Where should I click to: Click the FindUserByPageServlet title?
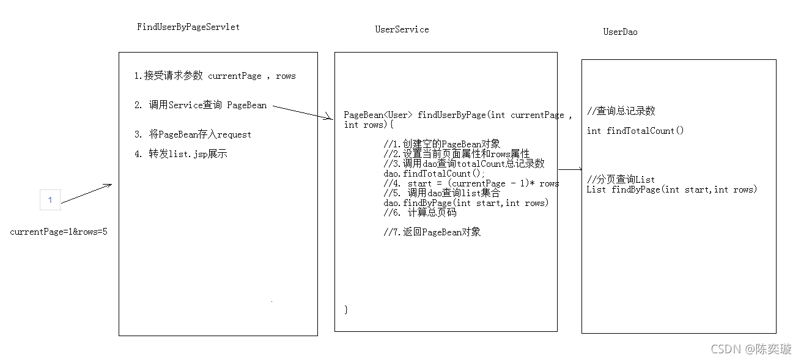click(188, 27)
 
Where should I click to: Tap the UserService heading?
click(402, 29)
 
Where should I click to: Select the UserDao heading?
click(620, 32)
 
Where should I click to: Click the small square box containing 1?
click(50, 200)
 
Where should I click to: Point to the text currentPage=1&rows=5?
click(59, 232)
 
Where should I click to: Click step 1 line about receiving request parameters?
click(215, 76)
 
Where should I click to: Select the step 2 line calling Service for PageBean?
click(201, 105)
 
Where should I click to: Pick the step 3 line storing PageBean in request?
click(193, 134)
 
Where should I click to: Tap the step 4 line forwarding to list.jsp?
click(180, 154)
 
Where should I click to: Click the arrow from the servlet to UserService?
click(302, 112)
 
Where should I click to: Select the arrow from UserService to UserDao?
click(570, 169)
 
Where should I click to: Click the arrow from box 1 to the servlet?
click(86, 193)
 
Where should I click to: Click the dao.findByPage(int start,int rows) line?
click(466, 203)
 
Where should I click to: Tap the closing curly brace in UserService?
click(346, 309)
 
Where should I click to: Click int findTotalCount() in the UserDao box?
click(635, 130)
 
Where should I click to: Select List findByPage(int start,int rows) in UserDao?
click(671, 189)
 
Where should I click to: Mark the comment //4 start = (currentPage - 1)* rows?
click(471, 183)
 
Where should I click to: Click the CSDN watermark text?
click(751, 349)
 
